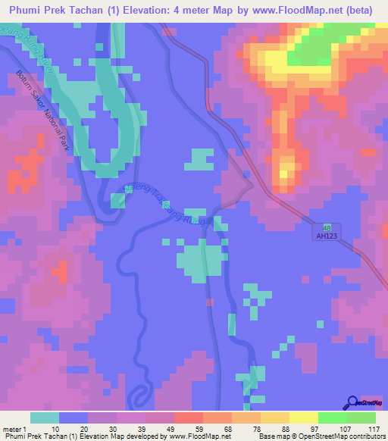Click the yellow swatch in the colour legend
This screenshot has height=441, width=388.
tap(304, 418)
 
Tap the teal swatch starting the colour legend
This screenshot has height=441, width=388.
tap(44, 418)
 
